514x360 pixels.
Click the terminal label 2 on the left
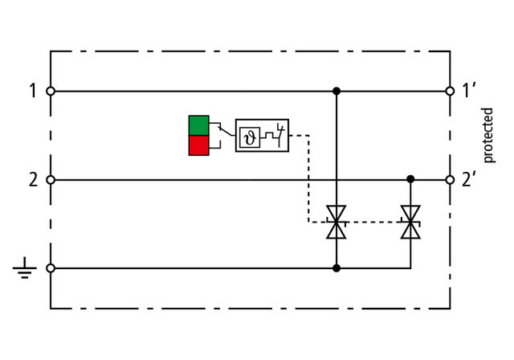point(33,180)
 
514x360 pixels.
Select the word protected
point(487,135)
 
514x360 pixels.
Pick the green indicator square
point(198,125)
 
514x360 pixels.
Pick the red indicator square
point(198,145)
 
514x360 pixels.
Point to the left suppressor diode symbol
point(337,222)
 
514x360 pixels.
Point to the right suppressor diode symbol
point(410,222)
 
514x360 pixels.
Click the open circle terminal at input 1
point(51,92)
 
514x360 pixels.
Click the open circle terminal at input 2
point(51,180)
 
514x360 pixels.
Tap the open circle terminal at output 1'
point(449,92)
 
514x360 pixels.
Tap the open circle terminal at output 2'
point(449,180)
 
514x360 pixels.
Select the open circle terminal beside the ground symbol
point(51,268)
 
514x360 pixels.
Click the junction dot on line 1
point(337,92)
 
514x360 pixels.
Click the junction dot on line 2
point(410,178)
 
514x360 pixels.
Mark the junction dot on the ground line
point(337,268)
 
